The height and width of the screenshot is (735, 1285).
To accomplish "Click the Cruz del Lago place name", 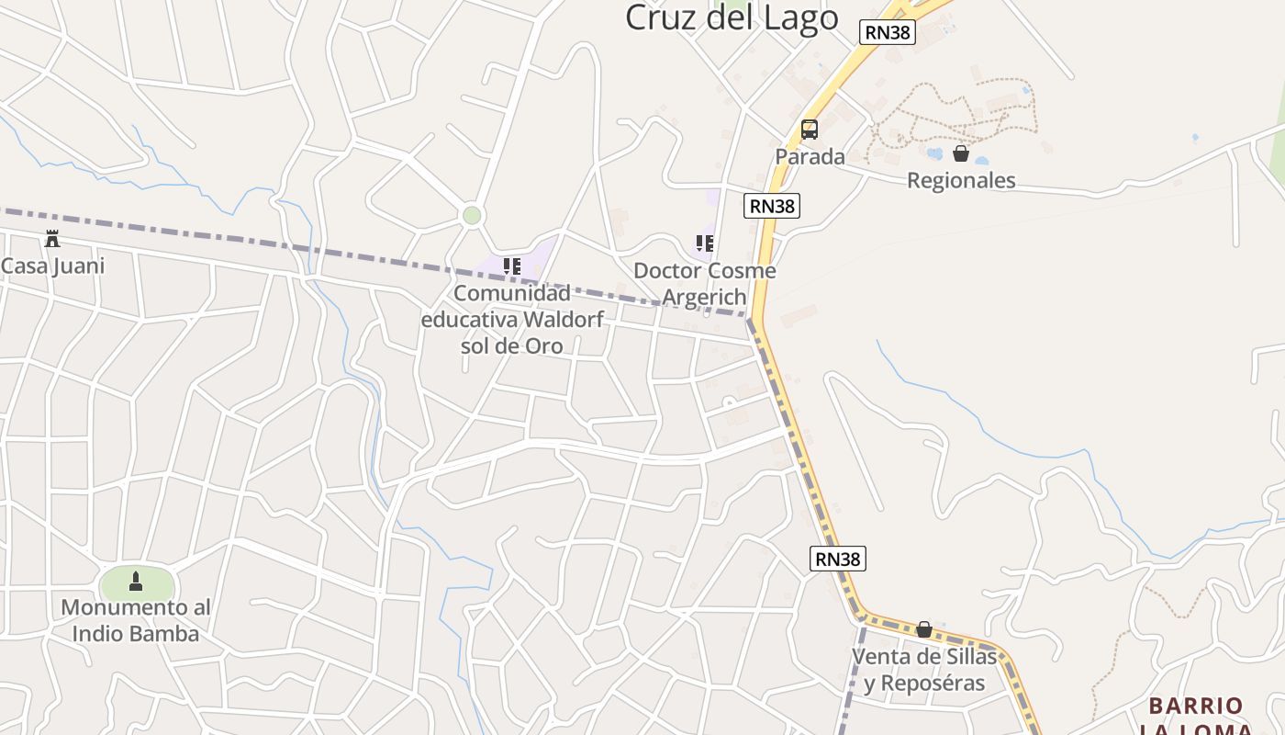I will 732,17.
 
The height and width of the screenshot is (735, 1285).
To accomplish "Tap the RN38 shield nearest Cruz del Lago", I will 888,32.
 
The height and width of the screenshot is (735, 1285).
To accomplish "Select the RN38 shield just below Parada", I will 772,206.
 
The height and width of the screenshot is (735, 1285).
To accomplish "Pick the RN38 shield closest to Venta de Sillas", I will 838,558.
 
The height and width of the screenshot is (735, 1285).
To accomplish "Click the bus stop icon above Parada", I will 809,130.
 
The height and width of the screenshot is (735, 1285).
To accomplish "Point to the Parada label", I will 810,156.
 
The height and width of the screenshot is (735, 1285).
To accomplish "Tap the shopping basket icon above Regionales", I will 961,153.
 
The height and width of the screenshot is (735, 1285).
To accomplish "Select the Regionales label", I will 961,180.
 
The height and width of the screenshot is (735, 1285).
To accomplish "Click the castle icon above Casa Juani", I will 52,240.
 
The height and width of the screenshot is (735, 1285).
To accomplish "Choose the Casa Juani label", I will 52,266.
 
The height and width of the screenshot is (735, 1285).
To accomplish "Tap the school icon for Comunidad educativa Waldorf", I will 511,266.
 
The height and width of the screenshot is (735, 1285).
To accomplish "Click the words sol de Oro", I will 511,346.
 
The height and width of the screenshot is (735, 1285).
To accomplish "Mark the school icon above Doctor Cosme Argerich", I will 704,243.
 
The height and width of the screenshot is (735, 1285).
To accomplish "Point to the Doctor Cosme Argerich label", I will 704,284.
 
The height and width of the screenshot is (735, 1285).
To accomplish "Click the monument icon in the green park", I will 136,582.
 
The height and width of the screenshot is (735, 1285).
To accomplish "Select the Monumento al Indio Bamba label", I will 136,621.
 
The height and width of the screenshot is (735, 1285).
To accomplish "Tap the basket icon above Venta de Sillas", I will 924,629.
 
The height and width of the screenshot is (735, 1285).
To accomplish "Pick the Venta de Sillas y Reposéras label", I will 924,670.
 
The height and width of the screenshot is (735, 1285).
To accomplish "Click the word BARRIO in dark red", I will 1196,706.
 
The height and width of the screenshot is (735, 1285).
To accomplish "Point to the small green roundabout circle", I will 472,216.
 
